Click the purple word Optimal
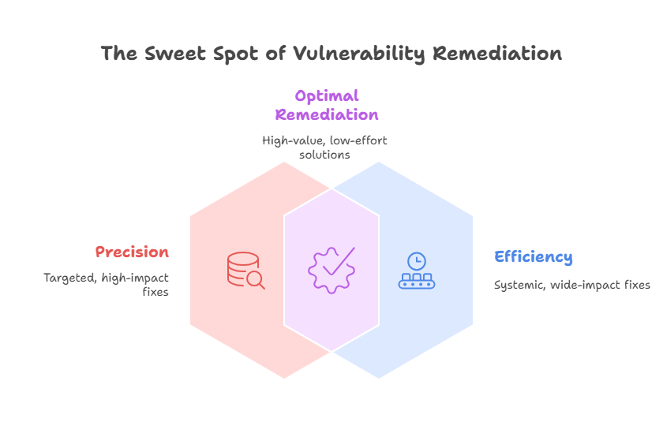(327, 96)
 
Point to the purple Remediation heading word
(327, 114)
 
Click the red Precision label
(132, 252)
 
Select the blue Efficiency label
(534, 256)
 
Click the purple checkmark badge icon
(331, 270)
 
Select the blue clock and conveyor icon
(416, 271)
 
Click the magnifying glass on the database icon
(255, 278)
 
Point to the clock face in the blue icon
(416, 261)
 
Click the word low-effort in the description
(359, 140)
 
